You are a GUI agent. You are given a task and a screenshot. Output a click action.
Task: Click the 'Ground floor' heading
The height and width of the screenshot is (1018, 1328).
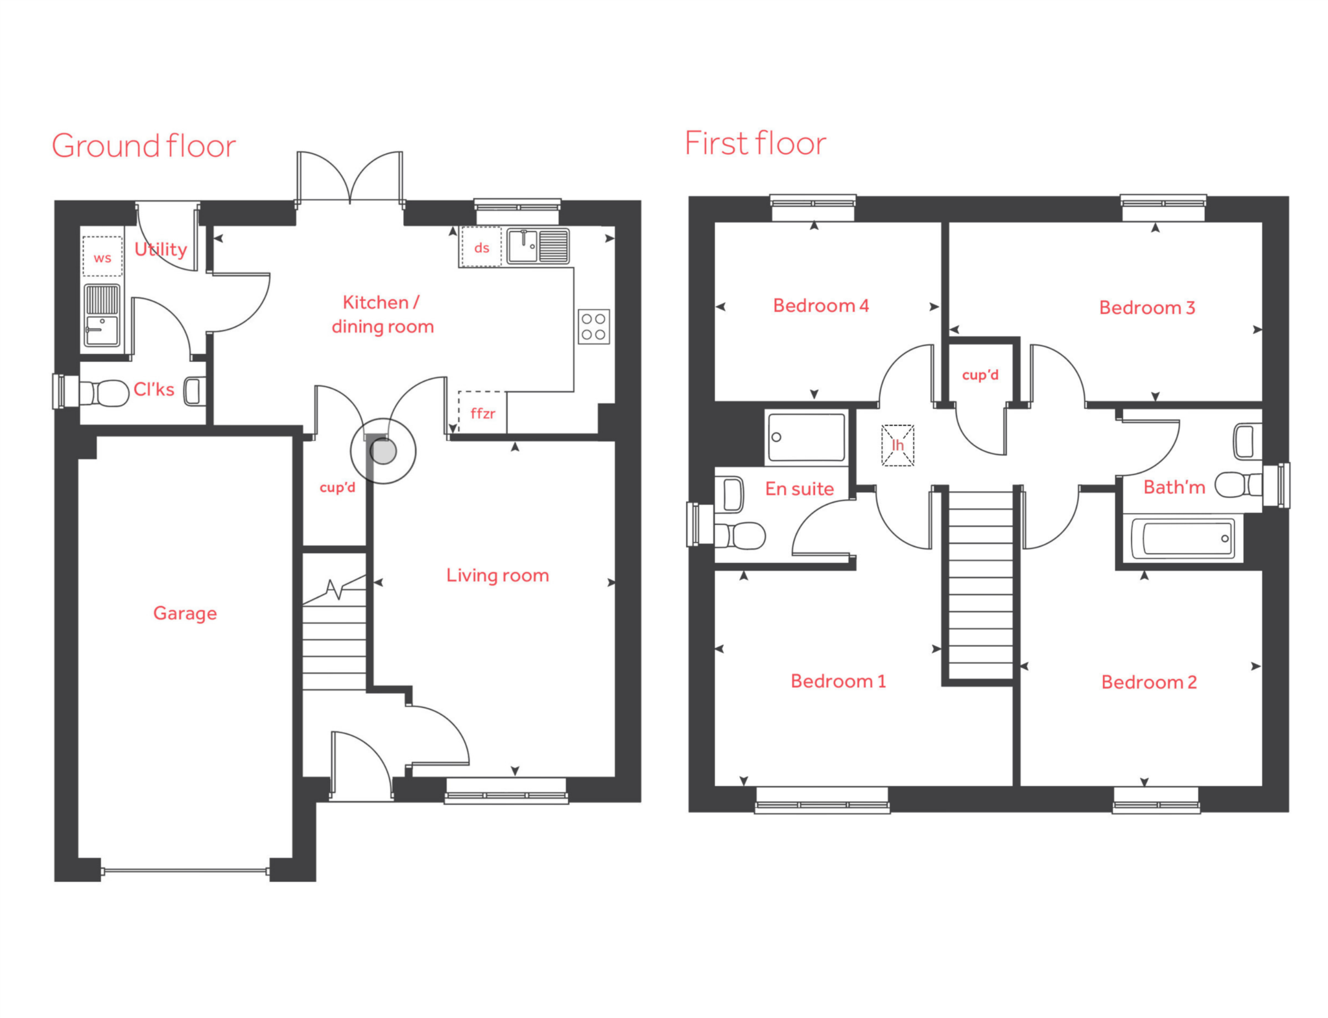pyautogui.click(x=143, y=146)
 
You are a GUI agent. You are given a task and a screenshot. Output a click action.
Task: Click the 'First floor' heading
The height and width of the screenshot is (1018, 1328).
pyautogui.click(x=755, y=143)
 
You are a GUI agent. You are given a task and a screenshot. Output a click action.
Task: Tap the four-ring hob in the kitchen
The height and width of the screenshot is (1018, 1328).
pyautogui.click(x=593, y=326)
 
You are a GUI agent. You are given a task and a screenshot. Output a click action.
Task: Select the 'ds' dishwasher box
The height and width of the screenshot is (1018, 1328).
pyautogui.click(x=480, y=247)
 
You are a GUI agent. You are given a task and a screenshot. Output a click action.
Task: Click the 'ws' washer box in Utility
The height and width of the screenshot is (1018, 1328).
pyautogui.click(x=102, y=257)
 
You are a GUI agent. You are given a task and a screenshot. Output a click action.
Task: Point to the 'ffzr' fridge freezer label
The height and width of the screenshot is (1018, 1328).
pyautogui.click(x=482, y=413)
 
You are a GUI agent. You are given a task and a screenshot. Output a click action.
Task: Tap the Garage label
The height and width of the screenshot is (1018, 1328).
pyautogui.click(x=185, y=613)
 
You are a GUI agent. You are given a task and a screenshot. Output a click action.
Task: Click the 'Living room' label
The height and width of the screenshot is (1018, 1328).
pyautogui.click(x=497, y=575)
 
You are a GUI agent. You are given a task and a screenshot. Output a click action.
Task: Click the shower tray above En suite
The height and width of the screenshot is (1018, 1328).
pyautogui.click(x=806, y=438)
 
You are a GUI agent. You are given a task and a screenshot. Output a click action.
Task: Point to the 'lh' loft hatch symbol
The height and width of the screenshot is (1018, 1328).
pyautogui.click(x=897, y=445)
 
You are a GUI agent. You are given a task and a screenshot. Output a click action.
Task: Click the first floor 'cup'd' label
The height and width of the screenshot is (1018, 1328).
pyautogui.click(x=980, y=375)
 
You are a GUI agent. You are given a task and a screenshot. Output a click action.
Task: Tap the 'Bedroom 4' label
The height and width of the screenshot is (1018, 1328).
pyautogui.click(x=820, y=305)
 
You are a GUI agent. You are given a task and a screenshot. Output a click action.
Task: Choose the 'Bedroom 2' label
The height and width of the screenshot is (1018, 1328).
pyautogui.click(x=1148, y=682)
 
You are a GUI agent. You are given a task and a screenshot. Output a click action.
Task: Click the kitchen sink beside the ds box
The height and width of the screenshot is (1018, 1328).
pyautogui.click(x=538, y=246)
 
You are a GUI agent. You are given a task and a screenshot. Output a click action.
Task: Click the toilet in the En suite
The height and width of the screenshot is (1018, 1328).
pyautogui.click(x=742, y=536)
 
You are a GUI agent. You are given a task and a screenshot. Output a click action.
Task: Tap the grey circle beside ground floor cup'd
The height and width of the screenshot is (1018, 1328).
pyautogui.click(x=383, y=451)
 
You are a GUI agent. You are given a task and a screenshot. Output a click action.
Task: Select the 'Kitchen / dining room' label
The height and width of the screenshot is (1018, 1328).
pyautogui.click(x=382, y=314)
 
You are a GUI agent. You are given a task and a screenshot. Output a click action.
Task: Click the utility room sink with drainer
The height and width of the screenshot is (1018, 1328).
pyautogui.click(x=102, y=314)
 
